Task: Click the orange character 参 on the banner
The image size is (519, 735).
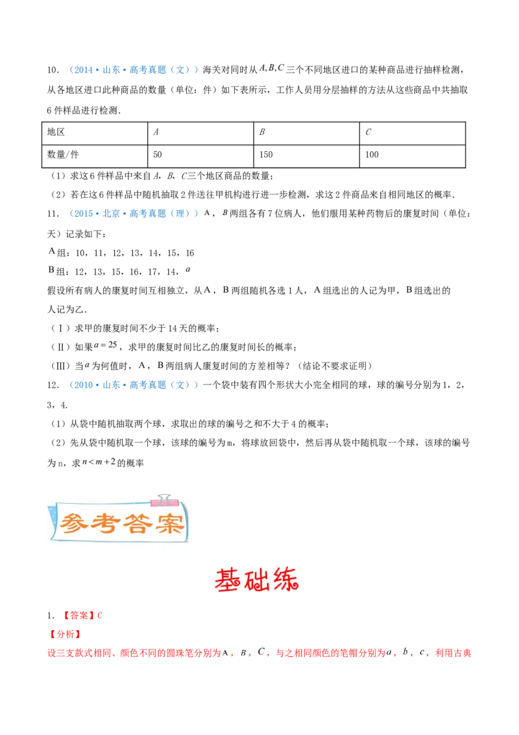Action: (75, 523)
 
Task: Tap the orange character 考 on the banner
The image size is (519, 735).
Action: (107, 523)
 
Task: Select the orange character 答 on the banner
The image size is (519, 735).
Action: (139, 523)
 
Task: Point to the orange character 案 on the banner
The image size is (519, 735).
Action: (170, 523)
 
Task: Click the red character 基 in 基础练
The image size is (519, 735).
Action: (228, 580)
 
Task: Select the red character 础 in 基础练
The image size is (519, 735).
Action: (259, 580)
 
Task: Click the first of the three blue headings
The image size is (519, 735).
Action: (134, 70)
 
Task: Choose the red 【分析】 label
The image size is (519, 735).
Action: (65, 634)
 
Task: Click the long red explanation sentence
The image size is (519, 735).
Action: (259, 653)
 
